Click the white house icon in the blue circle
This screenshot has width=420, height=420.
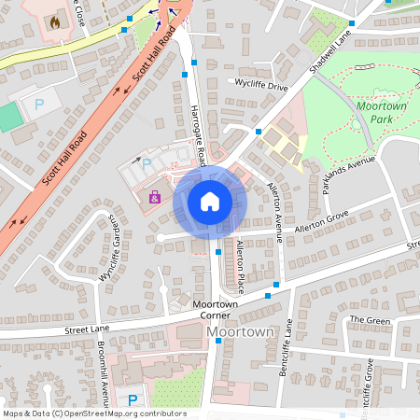[210, 201]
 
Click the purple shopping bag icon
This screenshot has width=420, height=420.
[155, 197]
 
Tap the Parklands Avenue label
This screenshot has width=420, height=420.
[348, 175]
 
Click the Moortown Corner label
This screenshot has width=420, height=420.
[217, 310]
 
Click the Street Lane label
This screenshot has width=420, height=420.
[86, 329]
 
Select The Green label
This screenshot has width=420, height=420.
[370, 320]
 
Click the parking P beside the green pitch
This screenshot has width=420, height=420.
[39, 105]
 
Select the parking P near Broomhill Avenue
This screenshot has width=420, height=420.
[132, 399]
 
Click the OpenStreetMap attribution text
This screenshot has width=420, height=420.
[94, 413]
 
